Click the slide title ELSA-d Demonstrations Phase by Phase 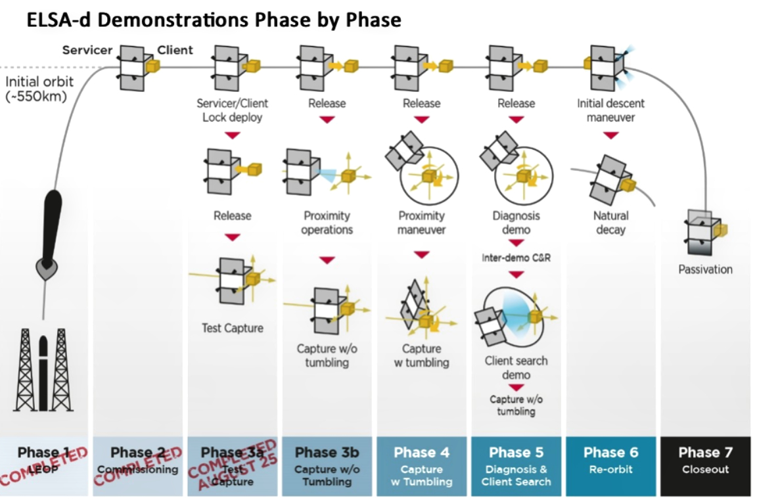click(x=214, y=20)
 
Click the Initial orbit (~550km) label click(x=39, y=89)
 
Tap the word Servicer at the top click(x=87, y=50)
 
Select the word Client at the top click(x=175, y=50)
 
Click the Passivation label click(x=705, y=269)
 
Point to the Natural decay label click(x=610, y=223)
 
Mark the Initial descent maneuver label click(x=610, y=110)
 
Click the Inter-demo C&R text click(x=516, y=258)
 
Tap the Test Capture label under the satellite click(x=233, y=328)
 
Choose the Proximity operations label click(x=327, y=223)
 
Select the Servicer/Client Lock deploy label click(x=233, y=110)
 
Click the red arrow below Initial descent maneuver click(x=611, y=135)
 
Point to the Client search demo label click(x=516, y=368)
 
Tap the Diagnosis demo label click(x=516, y=223)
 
